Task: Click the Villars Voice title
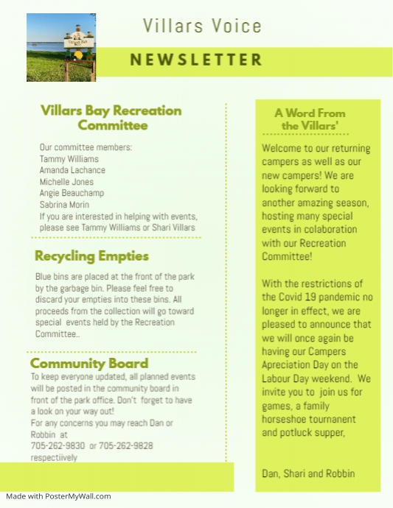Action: [x=202, y=27]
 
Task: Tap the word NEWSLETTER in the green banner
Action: [x=196, y=60]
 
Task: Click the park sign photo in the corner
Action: [x=61, y=47]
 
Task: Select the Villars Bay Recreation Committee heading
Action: [x=111, y=118]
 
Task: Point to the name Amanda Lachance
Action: [x=72, y=170]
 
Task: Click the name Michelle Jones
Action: [x=66, y=182]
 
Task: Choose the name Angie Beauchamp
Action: [x=72, y=193]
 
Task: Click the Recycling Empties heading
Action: [x=91, y=256]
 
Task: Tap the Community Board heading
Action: [x=89, y=364]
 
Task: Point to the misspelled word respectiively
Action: [x=54, y=457]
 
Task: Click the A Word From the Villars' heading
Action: [x=310, y=119]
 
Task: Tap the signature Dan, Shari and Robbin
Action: [x=308, y=473]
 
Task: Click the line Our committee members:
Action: [x=86, y=147]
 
